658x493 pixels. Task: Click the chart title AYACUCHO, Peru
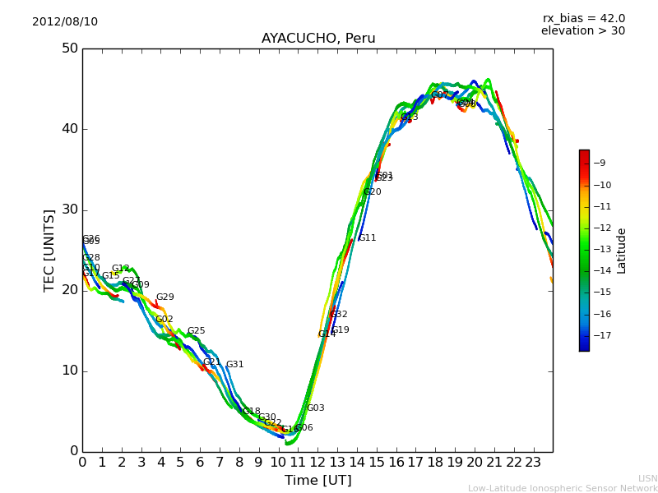pyautogui.click(x=318, y=39)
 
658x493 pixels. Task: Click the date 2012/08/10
pyautogui.click(x=65, y=21)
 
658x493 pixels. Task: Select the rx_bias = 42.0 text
pyautogui.click(x=583, y=18)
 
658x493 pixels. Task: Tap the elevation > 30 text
pyautogui.click(x=583, y=31)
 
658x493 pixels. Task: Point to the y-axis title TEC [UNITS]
pyautogui.click(x=49, y=250)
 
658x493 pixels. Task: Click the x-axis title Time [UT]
pyautogui.click(x=317, y=481)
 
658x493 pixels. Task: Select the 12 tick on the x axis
pyautogui.click(x=317, y=463)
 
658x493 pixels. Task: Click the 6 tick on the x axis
pyautogui.click(x=200, y=463)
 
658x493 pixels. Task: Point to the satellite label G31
pyautogui.click(x=235, y=365)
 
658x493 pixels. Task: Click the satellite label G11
pyautogui.click(x=367, y=238)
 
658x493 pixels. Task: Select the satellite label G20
pyautogui.click(x=373, y=192)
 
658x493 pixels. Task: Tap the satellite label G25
pyautogui.click(x=196, y=331)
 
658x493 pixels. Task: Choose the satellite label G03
pyautogui.click(x=316, y=408)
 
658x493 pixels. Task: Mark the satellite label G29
pyautogui.click(x=165, y=297)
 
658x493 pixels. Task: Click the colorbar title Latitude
pyautogui.click(x=622, y=251)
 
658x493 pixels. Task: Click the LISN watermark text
pyautogui.click(x=648, y=478)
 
